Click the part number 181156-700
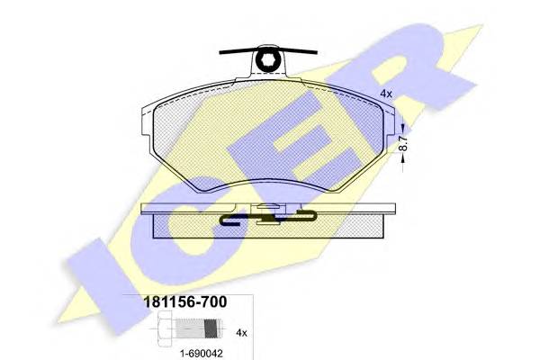184,301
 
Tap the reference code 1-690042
202,353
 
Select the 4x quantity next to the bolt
241,333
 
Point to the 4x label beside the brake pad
386,94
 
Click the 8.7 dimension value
403,142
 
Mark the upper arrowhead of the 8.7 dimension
403,130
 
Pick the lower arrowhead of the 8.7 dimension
403,158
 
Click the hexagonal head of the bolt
165,328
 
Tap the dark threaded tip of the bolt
212,328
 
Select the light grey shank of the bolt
191,328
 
